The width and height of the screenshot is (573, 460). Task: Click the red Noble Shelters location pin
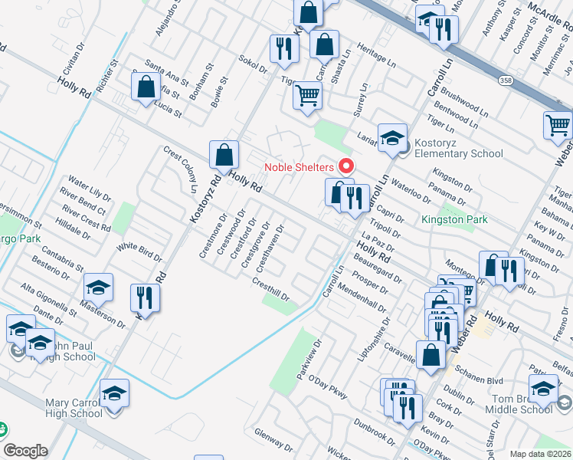point(345,166)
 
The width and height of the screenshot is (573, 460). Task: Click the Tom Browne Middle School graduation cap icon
point(544,389)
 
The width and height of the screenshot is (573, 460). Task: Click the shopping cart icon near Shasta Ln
point(307,96)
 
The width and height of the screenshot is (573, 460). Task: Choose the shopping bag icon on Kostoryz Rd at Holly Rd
point(223,154)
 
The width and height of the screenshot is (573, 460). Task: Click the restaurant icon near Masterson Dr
point(144,297)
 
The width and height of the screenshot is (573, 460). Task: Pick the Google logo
point(25,451)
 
